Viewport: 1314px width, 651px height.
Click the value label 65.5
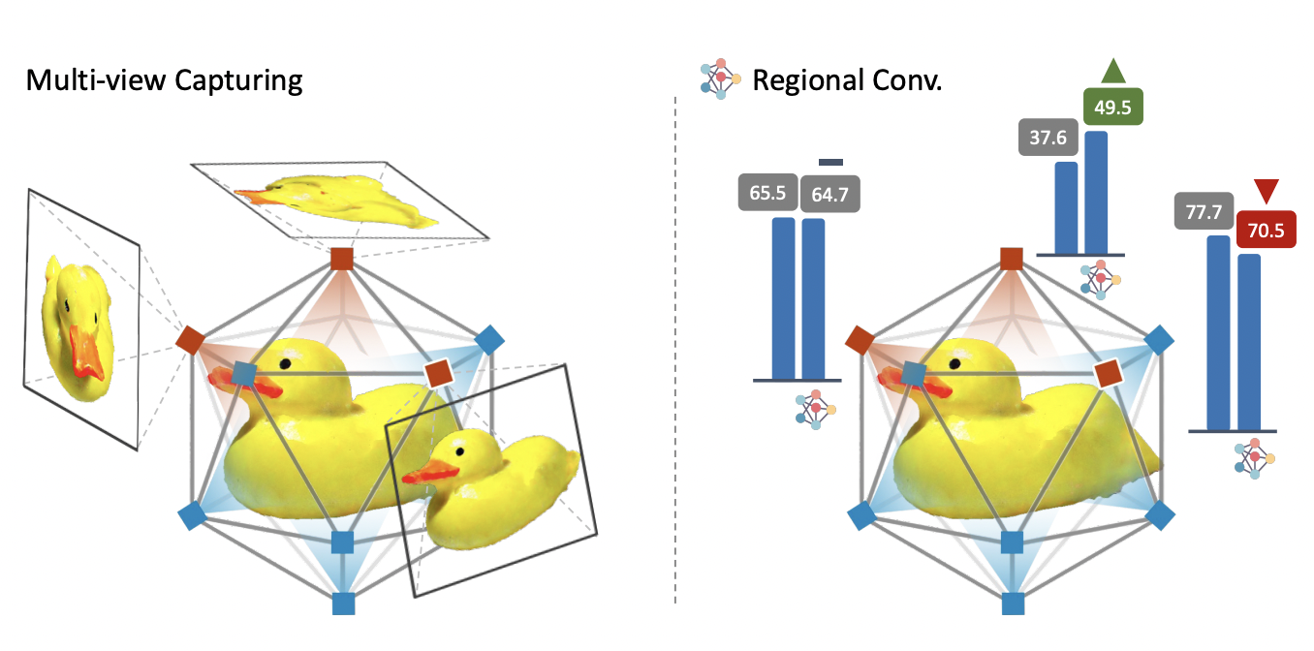click(x=766, y=193)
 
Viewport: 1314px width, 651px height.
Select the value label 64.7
click(x=829, y=194)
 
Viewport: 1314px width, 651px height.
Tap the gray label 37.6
click(x=1048, y=138)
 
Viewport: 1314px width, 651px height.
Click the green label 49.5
click(x=1112, y=107)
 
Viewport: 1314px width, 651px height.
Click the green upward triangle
click(x=1112, y=71)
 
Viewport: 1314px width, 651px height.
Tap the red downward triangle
click(x=1266, y=191)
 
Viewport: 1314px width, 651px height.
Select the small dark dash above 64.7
click(x=830, y=162)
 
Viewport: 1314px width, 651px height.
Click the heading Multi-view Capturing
click(x=164, y=79)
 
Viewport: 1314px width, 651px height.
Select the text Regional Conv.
click(x=847, y=80)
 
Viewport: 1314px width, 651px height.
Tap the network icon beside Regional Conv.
click(x=720, y=79)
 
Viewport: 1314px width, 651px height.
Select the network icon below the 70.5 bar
click(x=1254, y=457)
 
